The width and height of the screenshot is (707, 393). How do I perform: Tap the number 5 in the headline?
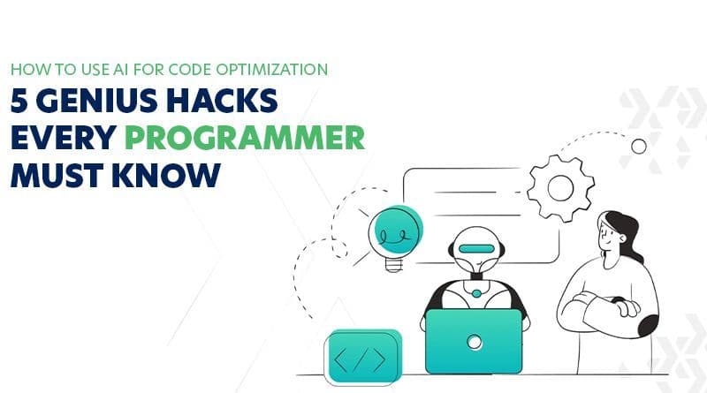19,102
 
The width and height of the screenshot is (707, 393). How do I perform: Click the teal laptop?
475,341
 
